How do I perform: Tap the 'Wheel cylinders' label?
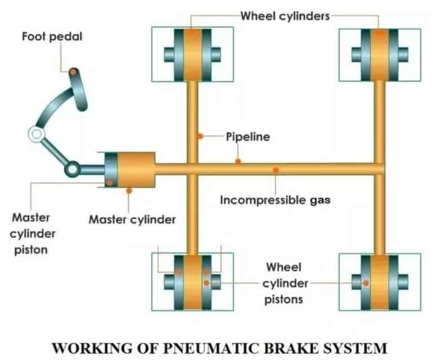click(x=285, y=16)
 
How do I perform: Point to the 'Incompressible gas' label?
click(x=275, y=199)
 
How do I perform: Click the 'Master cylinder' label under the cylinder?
click(x=132, y=219)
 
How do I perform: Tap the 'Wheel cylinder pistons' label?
click(x=284, y=282)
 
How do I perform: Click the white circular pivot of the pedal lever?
click(x=36, y=134)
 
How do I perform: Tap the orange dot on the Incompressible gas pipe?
click(x=275, y=170)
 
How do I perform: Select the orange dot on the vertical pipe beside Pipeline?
click(x=200, y=137)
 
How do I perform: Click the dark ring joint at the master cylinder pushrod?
click(x=73, y=168)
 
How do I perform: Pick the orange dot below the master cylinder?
click(x=129, y=191)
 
